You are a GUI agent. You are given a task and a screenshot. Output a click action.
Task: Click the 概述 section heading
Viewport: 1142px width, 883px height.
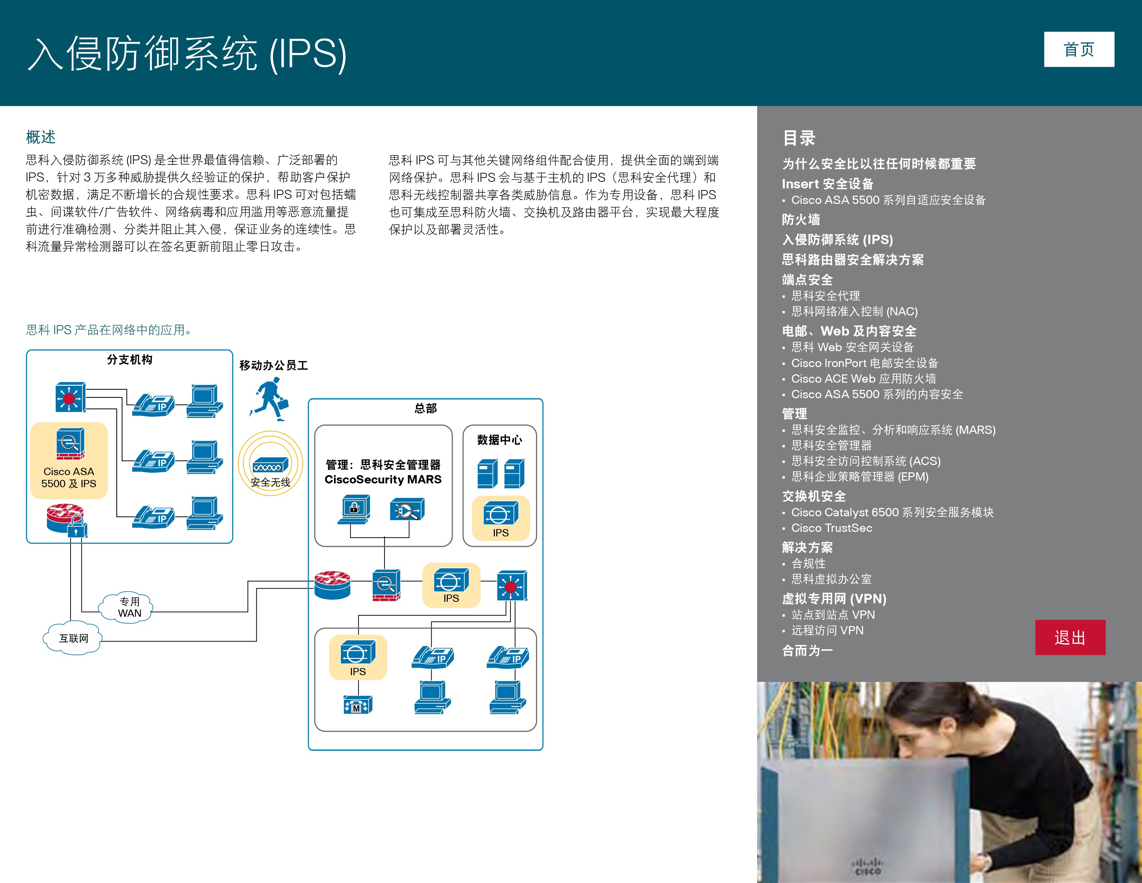(41, 137)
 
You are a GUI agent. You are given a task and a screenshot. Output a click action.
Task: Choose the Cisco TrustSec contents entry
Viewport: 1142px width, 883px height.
(831, 528)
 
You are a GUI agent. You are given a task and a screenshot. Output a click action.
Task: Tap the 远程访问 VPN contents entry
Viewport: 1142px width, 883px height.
(827, 630)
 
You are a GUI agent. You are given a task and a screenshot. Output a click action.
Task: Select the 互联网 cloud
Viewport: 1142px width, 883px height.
(73, 638)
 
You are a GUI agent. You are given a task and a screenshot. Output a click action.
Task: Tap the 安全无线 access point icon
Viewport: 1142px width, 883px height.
(270, 464)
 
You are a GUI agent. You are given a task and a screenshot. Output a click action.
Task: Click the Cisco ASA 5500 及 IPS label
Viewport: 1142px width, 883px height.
(69, 478)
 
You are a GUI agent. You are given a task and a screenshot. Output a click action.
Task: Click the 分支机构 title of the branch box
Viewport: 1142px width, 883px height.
(130, 359)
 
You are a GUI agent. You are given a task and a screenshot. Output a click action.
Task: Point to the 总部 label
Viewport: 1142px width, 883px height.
(426, 408)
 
